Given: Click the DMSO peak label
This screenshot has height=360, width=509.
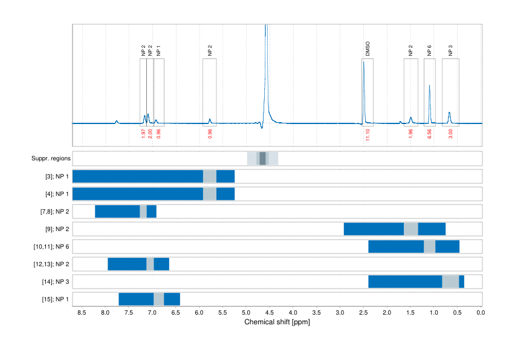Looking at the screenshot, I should pos(368,49).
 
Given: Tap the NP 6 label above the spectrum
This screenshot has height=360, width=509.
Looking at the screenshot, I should pos(429,50).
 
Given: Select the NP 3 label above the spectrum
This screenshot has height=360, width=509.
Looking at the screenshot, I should pos(450,50).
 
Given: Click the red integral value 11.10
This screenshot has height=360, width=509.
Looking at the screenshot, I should pos(368,134).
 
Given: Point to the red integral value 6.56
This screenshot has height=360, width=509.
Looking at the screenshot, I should pos(429,134).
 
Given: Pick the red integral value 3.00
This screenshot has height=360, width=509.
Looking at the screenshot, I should pos(450,134).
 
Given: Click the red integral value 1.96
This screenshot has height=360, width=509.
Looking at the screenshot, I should pos(410,134).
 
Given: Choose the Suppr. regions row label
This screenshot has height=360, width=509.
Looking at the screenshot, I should pos(51,159).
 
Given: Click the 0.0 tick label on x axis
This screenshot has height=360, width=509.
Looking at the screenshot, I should pos(481,313).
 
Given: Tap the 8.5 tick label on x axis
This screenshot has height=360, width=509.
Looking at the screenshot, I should pos(82,313).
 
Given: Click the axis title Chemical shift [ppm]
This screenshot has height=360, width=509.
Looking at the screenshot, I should pos(277,322).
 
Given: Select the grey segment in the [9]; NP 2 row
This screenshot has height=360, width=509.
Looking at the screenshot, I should pos(411,229).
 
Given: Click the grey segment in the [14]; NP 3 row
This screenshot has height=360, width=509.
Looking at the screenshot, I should pos(450,282).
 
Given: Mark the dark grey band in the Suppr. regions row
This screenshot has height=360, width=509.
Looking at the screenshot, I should pos(262,159).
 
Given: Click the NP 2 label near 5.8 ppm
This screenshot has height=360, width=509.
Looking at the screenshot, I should pos(210,50).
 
